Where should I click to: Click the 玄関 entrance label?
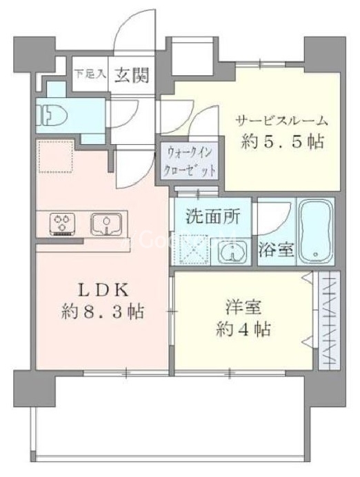coord(132,73)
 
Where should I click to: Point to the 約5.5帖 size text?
coord(282,143)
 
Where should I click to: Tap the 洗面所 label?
coord(212,216)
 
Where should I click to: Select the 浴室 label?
coord(277,249)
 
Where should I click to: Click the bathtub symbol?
coord(317,232)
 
